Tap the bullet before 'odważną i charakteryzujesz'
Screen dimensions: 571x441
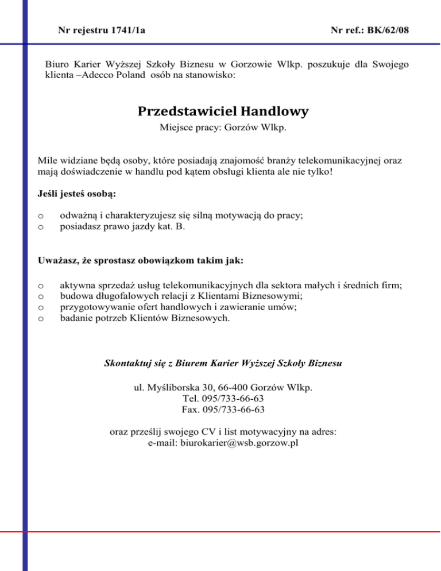40,216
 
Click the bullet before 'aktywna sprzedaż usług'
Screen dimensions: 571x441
40,285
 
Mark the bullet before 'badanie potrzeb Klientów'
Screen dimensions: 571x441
40,318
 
